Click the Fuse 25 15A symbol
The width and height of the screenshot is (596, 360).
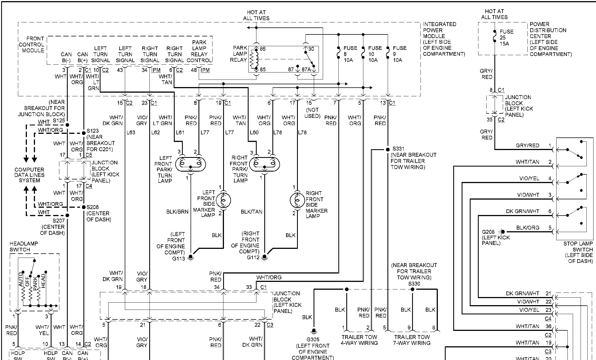[x=495, y=38]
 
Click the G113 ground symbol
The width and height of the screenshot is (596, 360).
[x=191, y=257]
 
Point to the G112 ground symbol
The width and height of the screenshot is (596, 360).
[x=265, y=257]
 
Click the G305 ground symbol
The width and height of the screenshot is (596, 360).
[x=314, y=331]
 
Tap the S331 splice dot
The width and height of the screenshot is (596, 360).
[x=388, y=149]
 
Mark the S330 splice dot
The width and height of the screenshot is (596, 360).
[x=412, y=289]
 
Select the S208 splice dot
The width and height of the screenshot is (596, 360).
[x=83, y=207]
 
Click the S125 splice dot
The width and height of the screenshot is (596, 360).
[x=67, y=125]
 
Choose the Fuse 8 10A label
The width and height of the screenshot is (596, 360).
[x=350, y=54]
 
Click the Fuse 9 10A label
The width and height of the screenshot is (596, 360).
[x=399, y=54]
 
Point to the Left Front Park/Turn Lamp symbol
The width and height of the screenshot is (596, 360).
[x=190, y=164]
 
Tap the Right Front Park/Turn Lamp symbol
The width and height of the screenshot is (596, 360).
[x=265, y=164]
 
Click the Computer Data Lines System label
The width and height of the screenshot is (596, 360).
[x=29, y=175]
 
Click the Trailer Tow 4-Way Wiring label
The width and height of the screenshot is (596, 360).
[x=359, y=340]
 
